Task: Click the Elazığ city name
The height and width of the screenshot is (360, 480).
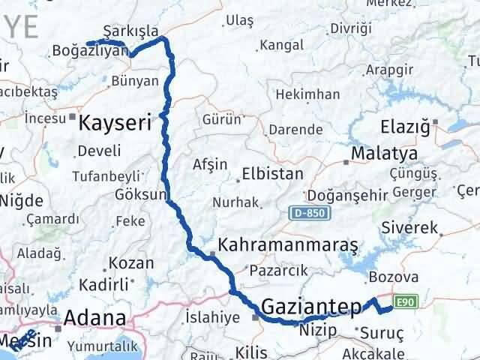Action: (x=404, y=125)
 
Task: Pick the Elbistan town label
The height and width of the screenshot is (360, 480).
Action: (x=272, y=174)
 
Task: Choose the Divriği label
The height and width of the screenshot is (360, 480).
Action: (x=351, y=29)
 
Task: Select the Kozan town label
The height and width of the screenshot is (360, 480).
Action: (x=130, y=264)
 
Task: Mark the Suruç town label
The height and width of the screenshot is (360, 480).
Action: (x=382, y=332)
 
